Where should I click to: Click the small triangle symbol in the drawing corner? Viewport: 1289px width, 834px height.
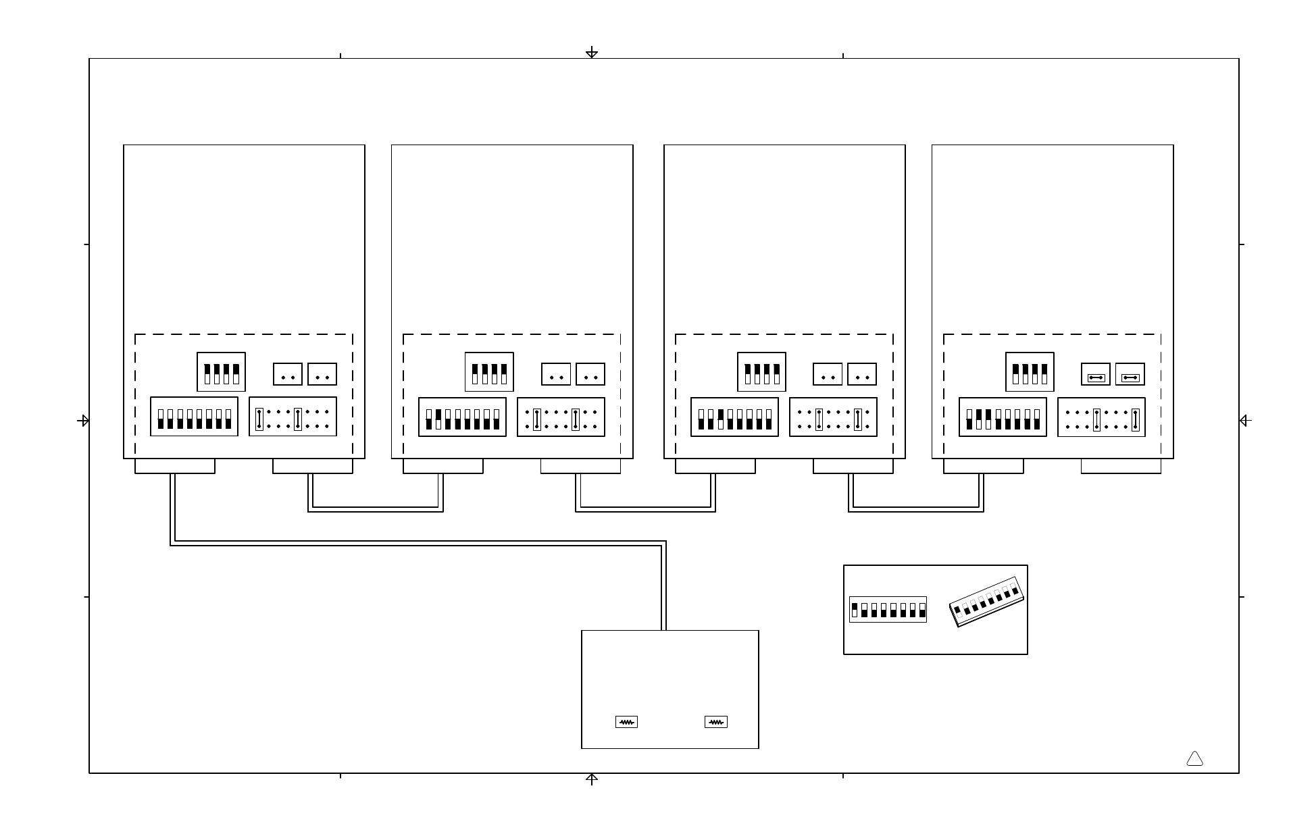1194,759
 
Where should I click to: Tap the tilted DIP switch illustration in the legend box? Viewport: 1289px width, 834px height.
986,602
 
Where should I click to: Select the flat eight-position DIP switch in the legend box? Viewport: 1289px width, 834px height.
888,610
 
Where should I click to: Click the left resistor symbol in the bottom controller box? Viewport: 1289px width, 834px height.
626,722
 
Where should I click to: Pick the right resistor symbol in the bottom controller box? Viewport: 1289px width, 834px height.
715,722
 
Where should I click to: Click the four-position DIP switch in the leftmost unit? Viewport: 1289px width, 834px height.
221,372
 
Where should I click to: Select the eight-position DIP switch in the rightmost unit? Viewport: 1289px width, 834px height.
1003,417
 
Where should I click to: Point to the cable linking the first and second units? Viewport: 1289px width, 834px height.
376,509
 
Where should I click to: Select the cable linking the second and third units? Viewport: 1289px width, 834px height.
645,509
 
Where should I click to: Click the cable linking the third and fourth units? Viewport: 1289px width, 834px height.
916,509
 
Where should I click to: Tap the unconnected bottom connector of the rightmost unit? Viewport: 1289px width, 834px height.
1121,466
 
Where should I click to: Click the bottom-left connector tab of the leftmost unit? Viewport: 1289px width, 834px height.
175,466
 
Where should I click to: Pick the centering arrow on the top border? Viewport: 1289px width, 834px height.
592,53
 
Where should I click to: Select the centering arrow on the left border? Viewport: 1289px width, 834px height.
84,421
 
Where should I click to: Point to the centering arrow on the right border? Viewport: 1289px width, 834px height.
1244,421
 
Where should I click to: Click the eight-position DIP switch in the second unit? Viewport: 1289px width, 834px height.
462,417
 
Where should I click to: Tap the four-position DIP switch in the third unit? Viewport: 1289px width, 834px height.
761,372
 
